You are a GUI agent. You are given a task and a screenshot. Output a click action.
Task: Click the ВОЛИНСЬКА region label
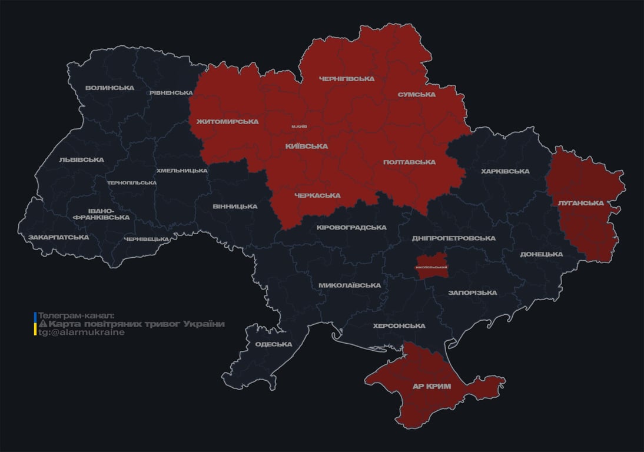point(109,88)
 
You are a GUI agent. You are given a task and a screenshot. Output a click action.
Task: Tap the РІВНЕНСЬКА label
point(171,92)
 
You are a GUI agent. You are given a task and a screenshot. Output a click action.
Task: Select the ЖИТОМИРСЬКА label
point(227,121)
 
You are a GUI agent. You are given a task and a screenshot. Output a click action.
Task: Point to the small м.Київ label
point(299,127)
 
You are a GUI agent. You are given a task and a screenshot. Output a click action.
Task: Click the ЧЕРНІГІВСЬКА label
point(346,78)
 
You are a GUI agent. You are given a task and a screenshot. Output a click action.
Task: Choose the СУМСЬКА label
point(416,94)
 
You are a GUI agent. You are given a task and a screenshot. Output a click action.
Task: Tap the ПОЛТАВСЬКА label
point(409,162)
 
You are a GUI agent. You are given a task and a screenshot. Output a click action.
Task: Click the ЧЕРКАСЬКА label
point(317,195)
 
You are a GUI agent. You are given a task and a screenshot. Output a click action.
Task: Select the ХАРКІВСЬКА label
point(505,171)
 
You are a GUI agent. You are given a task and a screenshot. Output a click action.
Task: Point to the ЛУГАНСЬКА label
point(580,202)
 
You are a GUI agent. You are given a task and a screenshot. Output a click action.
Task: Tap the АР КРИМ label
point(431,386)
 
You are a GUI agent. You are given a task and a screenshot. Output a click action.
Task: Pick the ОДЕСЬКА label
point(274,344)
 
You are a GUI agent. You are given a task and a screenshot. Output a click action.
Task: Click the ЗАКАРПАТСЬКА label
point(58,237)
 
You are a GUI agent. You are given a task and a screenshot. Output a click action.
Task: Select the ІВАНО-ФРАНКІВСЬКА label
point(101,214)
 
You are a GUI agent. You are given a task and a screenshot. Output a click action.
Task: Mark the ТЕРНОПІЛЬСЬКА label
point(132,182)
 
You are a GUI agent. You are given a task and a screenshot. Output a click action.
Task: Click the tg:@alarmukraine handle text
point(81,333)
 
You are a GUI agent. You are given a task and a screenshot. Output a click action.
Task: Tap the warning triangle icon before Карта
point(42,324)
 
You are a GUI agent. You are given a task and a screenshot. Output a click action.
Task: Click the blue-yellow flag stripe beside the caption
point(35,324)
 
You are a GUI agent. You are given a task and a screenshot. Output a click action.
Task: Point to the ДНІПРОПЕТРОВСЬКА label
point(453,238)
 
